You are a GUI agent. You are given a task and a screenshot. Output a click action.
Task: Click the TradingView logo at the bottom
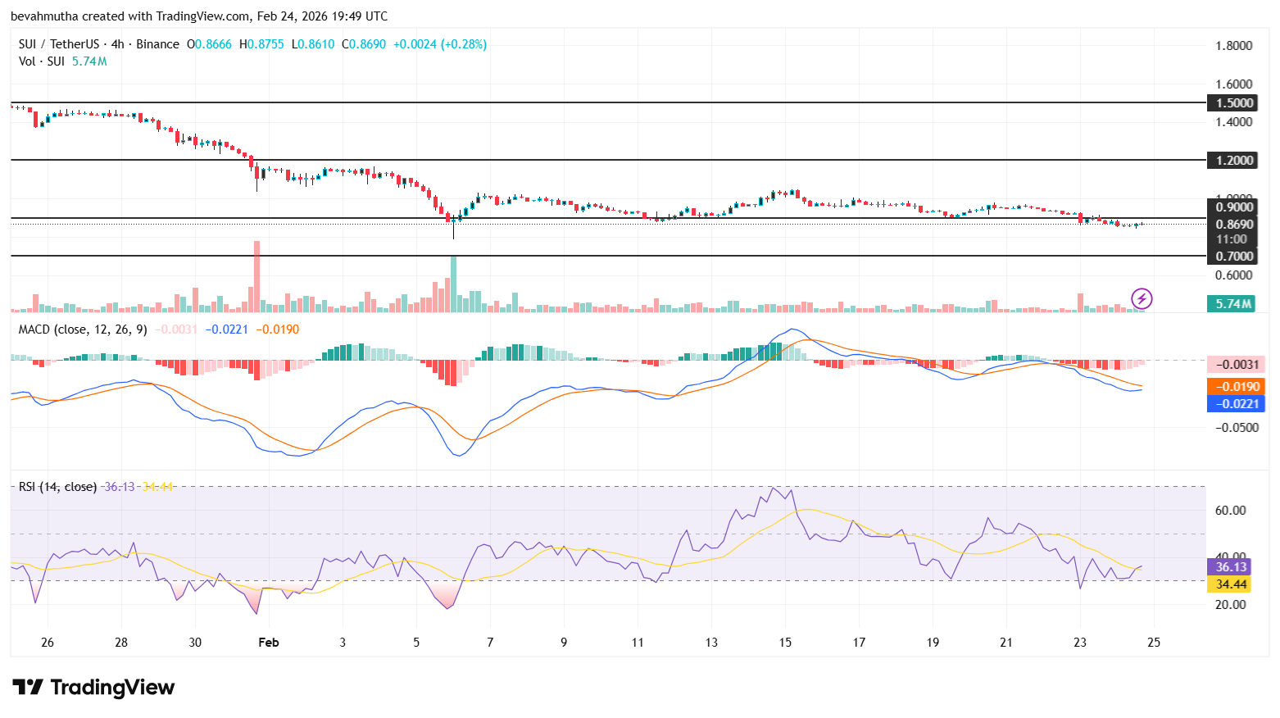click(93, 687)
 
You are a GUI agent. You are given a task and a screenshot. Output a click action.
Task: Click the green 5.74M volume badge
click(1232, 303)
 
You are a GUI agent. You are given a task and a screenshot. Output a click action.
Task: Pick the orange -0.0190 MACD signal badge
click(1236, 386)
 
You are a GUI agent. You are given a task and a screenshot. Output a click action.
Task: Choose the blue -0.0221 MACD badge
click(1236, 403)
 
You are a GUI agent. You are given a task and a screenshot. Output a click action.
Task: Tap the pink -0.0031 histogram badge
click(1236, 364)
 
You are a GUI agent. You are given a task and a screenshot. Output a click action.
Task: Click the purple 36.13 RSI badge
click(1230, 566)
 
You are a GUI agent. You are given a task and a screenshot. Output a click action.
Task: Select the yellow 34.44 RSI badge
click(1230, 584)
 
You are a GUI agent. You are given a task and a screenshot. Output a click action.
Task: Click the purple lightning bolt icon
click(1142, 298)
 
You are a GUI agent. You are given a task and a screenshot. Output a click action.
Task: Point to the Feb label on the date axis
click(269, 643)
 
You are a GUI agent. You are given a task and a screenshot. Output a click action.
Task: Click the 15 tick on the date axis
click(785, 643)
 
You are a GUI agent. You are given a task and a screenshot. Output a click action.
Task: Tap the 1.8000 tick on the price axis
click(1233, 45)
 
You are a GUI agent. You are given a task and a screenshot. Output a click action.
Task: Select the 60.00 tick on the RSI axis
click(1230, 510)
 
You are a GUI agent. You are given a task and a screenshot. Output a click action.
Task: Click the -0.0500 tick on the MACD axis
click(1236, 427)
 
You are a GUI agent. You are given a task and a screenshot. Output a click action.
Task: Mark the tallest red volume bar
click(256, 276)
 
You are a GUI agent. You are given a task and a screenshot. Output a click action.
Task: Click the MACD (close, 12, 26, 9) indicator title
click(83, 329)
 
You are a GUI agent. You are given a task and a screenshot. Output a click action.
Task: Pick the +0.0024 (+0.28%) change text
click(439, 44)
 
